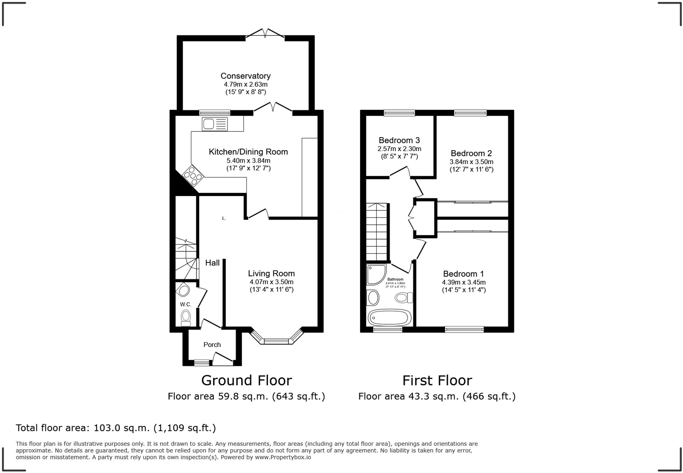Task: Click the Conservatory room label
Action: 245,76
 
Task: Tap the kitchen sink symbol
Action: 214,124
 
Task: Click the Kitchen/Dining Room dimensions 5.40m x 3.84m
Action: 248,161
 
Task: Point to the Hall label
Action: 212,263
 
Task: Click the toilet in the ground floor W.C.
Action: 186,318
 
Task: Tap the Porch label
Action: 212,345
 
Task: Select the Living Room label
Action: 271,273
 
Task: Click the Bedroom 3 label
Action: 399,140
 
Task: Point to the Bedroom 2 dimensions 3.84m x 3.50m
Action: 471,162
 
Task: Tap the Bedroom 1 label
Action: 464,274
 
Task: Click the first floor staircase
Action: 376,232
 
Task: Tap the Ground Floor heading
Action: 246,380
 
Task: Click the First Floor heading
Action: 437,380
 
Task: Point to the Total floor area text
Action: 116,428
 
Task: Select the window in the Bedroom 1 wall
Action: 464,329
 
